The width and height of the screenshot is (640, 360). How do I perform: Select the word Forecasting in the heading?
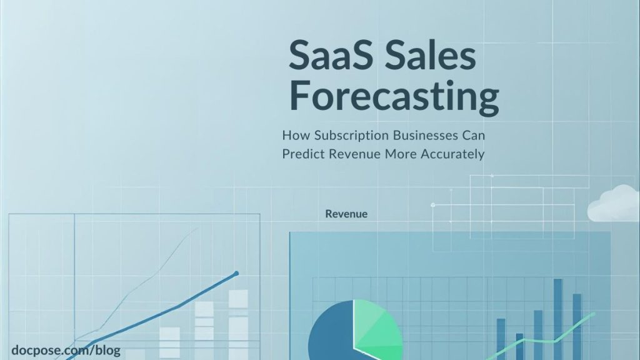[x=394, y=97]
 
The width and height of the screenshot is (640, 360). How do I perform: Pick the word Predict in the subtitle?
[x=301, y=154]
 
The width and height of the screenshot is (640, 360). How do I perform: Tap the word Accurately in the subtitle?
[x=454, y=154]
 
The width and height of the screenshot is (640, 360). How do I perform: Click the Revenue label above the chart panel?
[x=346, y=214]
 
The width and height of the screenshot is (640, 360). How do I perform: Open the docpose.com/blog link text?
[x=66, y=351]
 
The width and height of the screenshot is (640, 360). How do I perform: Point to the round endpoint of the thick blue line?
[x=236, y=273]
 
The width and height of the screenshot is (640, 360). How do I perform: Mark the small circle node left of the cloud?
[x=432, y=204]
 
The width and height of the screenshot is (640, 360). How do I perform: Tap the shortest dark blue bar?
[x=519, y=345]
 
